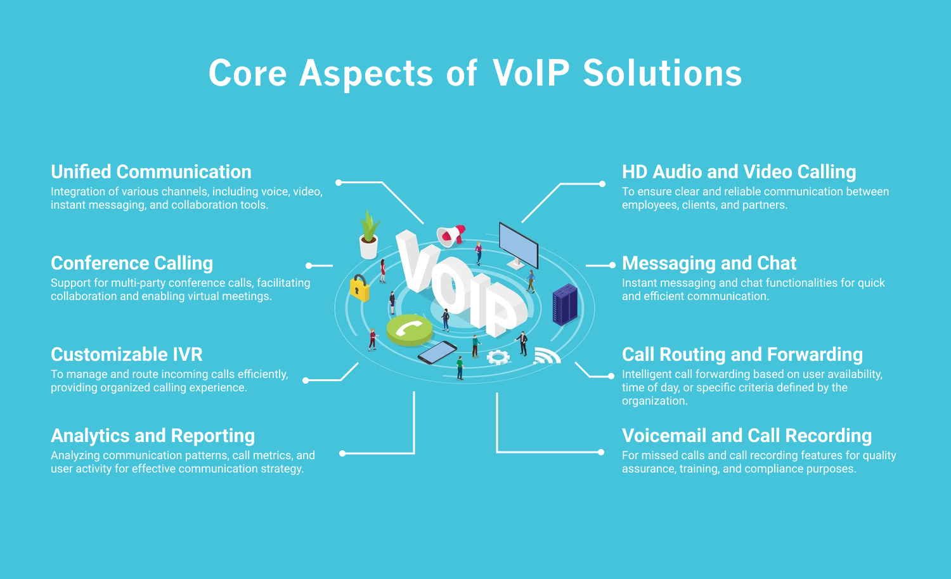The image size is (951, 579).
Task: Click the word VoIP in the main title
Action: pos(531,73)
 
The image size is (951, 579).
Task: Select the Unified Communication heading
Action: pos(151,172)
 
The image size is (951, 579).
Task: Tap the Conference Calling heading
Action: pos(132,263)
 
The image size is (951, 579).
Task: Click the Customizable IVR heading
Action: pos(127,355)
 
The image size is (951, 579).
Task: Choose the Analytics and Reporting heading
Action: pos(153,436)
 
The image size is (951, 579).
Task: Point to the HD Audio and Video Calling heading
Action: pos(739,172)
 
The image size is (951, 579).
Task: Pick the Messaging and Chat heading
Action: pos(709,263)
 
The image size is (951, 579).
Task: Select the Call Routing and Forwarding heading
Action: pos(742,355)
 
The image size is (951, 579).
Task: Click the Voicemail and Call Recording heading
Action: pos(746,436)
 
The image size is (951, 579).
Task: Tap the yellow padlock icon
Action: pos(359,289)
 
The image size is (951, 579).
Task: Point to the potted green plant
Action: pos(368,235)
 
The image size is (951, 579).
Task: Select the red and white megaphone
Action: pos(451,235)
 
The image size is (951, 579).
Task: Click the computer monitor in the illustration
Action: pos(518,245)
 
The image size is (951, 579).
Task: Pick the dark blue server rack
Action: pos(565,304)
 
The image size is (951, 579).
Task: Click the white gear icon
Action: pos(498,357)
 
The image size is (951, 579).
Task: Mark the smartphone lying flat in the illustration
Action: pos(437,352)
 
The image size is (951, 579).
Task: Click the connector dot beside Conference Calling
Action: pos(309,266)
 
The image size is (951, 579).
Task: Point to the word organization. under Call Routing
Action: pos(654,401)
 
